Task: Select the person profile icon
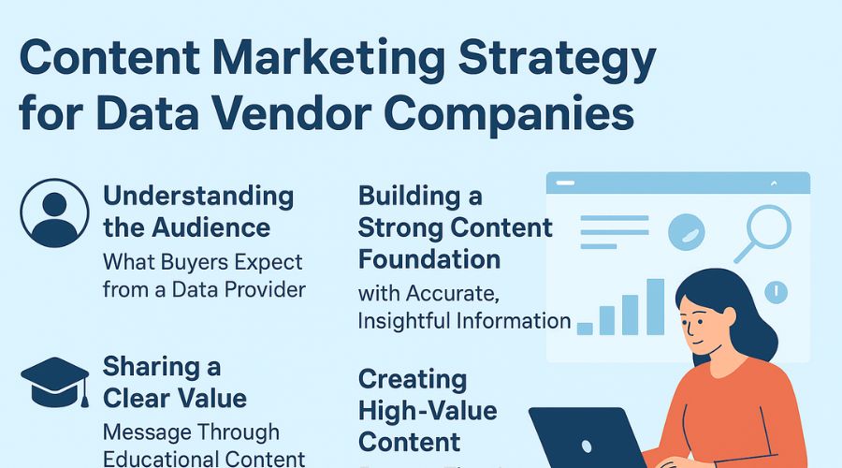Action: click(55, 212)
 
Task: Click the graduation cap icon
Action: click(55, 378)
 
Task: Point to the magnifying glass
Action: click(763, 231)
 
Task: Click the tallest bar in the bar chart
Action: click(655, 306)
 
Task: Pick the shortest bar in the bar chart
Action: click(586, 327)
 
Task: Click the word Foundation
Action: click(429, 257)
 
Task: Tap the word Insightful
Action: click(408, 320)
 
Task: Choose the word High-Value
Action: click(428, 410)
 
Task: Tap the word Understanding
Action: click(198, 197)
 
